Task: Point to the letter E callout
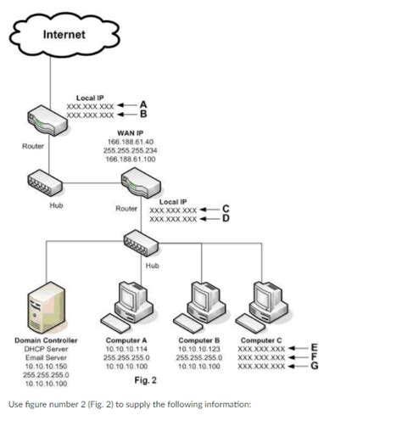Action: click(x=315, y=346)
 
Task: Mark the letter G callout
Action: click(x=315, y=366)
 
